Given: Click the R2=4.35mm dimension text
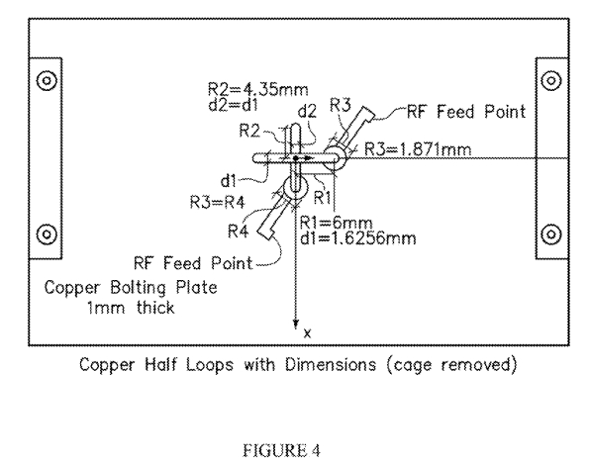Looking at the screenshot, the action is (257, 89).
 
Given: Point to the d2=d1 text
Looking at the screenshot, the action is (234, 105).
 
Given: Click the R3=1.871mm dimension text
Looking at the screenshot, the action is (418, 149).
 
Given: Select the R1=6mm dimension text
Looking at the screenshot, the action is (336, 223).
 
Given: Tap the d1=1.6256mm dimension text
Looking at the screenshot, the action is (357, 238).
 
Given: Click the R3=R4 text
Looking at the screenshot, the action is (217, 203).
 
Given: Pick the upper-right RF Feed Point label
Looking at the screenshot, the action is (466, 112).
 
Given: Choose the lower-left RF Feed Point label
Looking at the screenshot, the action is (193, 263).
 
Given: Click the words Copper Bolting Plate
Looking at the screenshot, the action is (131, 288).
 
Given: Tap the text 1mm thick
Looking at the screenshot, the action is (131, 308).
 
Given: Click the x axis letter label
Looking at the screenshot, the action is (308, 333).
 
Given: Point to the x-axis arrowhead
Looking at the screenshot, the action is (296, 325).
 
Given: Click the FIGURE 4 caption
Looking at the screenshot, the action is (281, 450).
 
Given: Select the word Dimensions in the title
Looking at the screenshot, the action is (330, 364).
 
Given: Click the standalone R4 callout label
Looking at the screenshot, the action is (238, 231).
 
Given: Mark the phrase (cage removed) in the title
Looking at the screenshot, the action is (452, 365).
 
